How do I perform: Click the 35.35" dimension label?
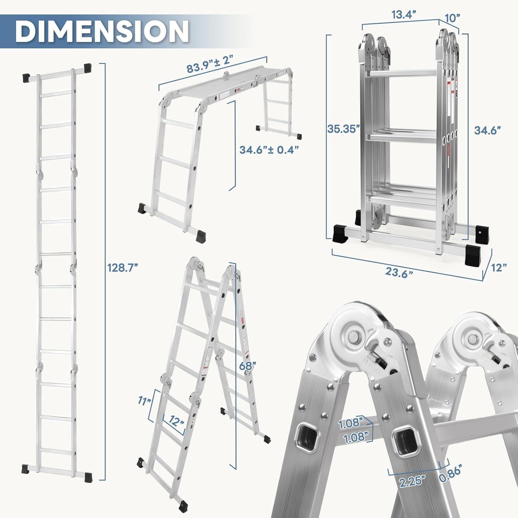point(344,129)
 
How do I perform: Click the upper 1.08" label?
point(351,424)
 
